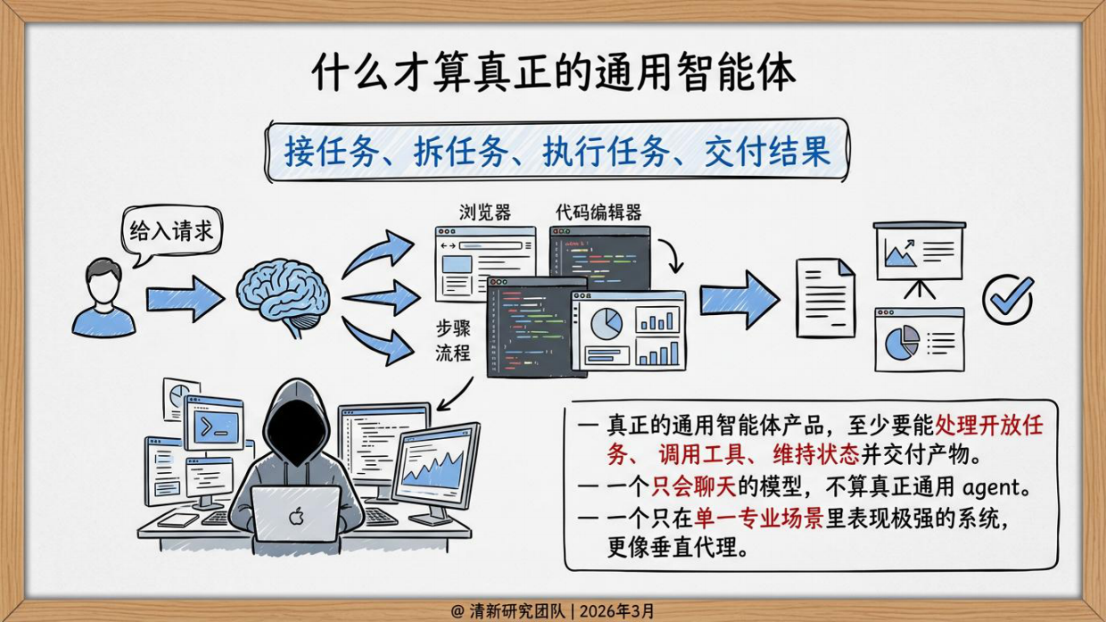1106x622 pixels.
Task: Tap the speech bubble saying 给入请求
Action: pos(171,232)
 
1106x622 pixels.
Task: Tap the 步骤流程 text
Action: pos(452,338)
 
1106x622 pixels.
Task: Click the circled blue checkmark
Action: pos(1008,298)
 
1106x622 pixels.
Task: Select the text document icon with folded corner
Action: pos(825,298)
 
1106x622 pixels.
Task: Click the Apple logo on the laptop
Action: pos(295,516)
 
